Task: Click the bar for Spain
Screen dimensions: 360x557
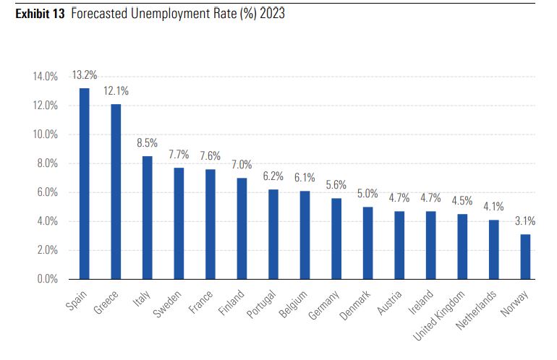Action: tap(84, 184)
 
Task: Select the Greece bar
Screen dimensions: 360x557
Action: tap(116, 192)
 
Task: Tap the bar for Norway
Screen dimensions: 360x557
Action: tap(525, 257)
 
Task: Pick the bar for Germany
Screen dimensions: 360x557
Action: tap(336, 239)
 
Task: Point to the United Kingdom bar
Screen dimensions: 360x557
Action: tap(462, 247)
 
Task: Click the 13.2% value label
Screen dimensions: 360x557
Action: tap(84, 75)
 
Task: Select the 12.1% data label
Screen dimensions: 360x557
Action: tap(116, 91)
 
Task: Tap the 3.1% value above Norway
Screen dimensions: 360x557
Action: tap(525, 221)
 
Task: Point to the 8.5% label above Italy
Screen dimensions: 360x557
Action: tap(148, 143)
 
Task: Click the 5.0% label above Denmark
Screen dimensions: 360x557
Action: tap(368, 194)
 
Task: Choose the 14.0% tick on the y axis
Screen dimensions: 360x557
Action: tap(45, 77)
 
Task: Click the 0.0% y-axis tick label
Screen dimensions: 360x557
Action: tap(47, 279)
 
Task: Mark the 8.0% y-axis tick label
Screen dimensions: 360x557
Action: tap(47, 163)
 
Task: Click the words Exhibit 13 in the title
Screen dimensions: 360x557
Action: tap(38, 14)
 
